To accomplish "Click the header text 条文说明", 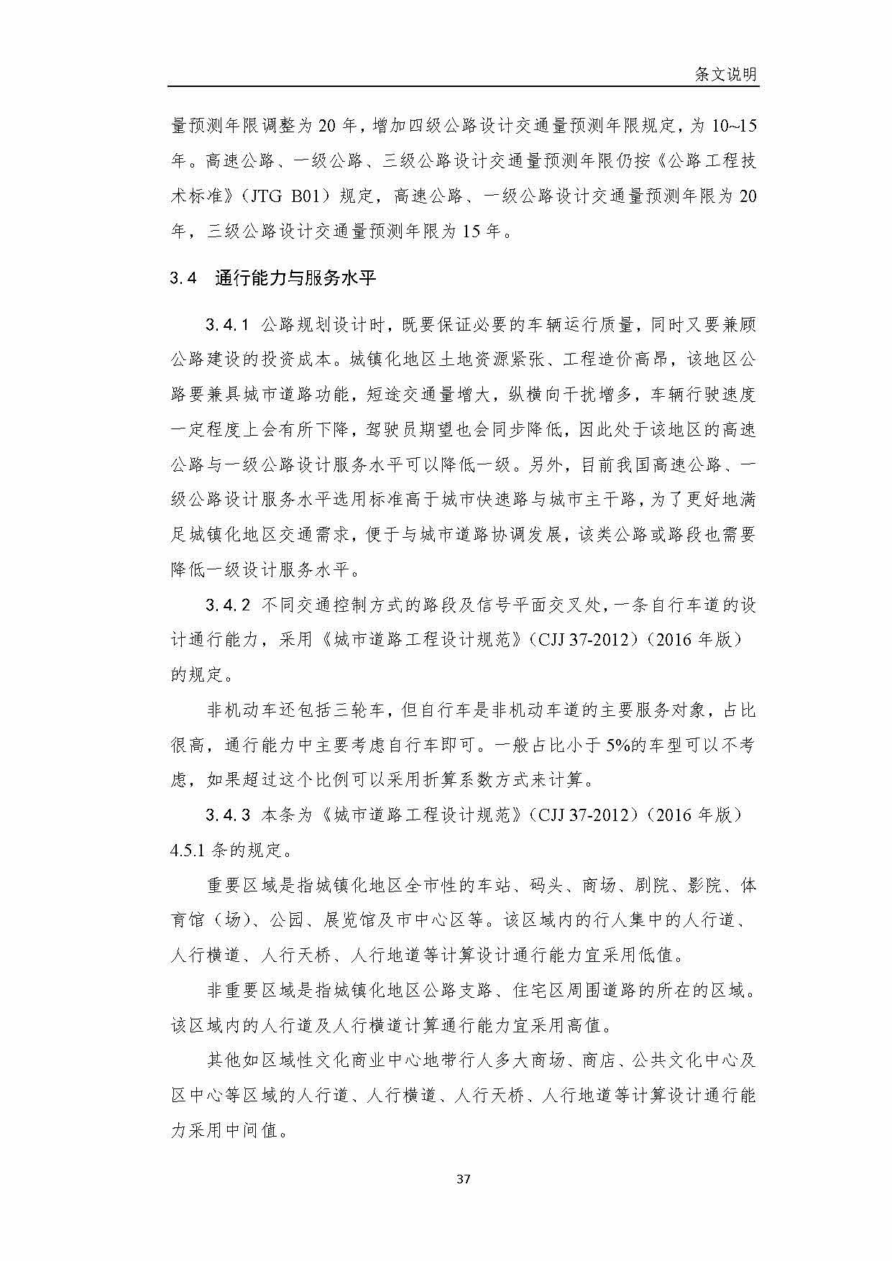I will point(725,74).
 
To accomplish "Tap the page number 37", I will point(464,1179).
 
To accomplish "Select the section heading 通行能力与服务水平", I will point(295,278).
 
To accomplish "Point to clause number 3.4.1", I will point(227,325).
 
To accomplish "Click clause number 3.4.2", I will point(227,605).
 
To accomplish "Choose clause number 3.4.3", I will point(227,815).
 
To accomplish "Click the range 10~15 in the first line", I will point(734,126).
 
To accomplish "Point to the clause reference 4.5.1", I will point(187,850).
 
